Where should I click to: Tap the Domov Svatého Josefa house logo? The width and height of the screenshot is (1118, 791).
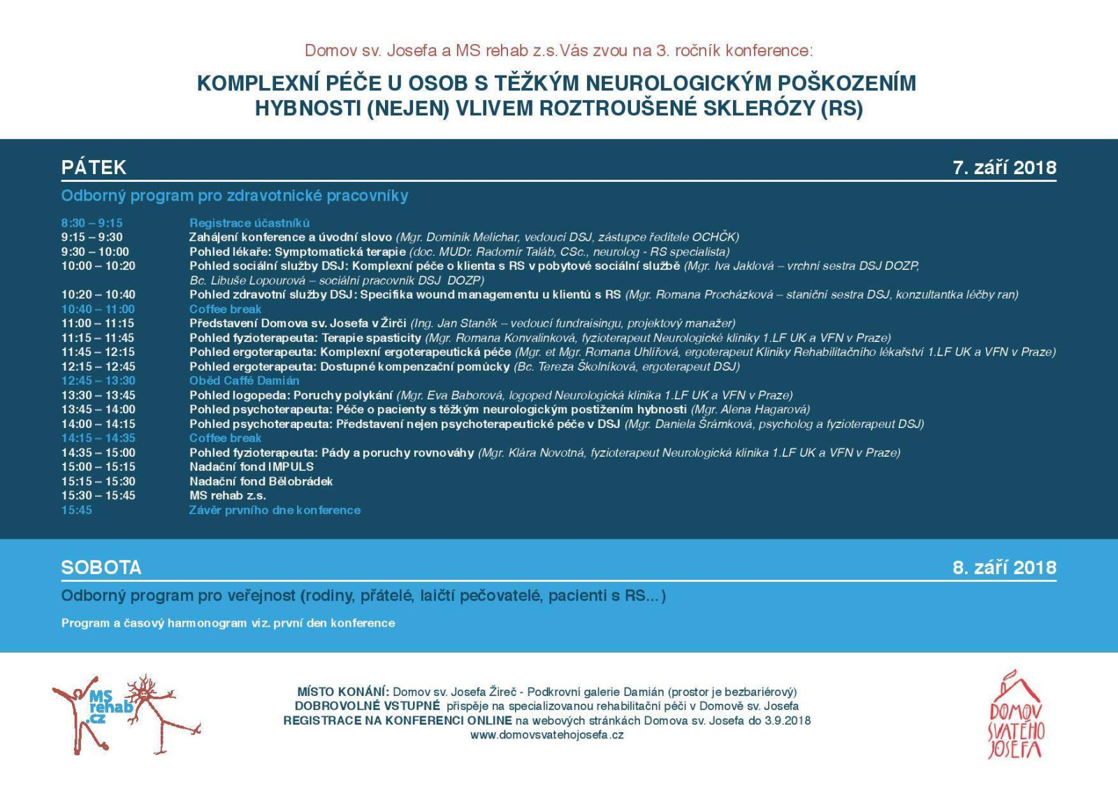coord(1015,716)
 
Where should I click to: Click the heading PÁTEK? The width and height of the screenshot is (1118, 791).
coord(94,167)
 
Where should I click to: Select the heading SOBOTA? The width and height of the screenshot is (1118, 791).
coord(101,567)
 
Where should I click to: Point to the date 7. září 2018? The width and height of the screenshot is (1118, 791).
coord(1004,167)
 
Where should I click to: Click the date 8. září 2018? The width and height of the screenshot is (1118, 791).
coord(1004,567)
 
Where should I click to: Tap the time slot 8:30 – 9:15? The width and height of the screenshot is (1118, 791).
coord(92,223)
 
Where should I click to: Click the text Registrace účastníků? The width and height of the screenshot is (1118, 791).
coord(249,223)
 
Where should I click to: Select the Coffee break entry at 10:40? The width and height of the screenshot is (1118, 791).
coord(225,309)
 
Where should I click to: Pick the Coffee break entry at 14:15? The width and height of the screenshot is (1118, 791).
coord(225,438)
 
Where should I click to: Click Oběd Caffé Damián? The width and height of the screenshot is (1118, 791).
coord(244,380)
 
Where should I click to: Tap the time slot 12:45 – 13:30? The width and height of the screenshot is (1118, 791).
coord(98,380)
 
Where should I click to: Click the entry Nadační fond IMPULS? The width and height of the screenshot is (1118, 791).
coord(252,466)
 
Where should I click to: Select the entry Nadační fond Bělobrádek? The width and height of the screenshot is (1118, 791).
coord(261,481)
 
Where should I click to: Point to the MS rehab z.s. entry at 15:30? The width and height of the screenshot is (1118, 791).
coord(228,495)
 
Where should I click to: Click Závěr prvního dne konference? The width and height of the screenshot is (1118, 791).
coord(275,510)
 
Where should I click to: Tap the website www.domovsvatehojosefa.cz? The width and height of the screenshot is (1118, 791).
coord(546,735)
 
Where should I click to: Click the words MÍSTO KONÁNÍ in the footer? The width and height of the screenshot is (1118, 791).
coord(342,692)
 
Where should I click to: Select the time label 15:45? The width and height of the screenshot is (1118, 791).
coord(76,510)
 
